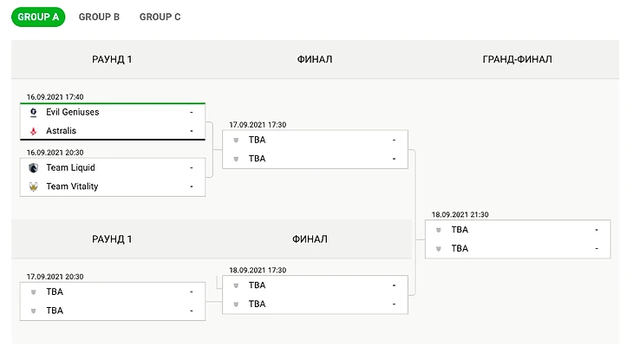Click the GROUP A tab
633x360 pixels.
click(38, 16)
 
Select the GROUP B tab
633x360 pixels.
click(99, 16)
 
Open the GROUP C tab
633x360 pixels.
click(160, 16)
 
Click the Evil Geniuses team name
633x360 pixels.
click(73, 113)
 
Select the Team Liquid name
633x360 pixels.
click(70, 167)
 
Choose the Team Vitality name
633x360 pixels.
click(72, 187)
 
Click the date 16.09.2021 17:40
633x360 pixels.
click(55, 97)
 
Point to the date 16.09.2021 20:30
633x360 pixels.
click(55, 152)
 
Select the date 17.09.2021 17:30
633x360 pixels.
click(258, 125)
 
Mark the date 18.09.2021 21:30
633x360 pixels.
click(460, 214)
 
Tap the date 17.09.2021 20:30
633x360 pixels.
click(55, 277)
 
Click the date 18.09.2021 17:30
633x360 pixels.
click(258, 270)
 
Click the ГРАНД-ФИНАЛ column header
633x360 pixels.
click(517, 60)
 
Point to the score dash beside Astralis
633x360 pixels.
click(191, 131)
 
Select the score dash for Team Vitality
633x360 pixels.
click(191, 187)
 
